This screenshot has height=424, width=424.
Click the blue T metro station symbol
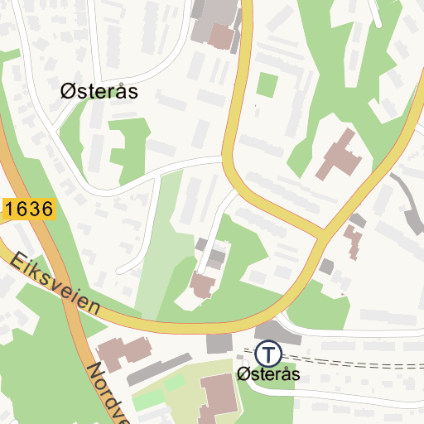(267, 354)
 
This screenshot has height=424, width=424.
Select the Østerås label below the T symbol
(267, 375)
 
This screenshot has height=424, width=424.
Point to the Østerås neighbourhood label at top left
(99, 92)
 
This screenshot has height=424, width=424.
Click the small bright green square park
(267, 84)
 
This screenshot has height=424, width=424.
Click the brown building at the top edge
(221, 36)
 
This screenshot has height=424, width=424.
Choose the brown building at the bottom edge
(218, 398)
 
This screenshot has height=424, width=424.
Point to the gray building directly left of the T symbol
(219, 342)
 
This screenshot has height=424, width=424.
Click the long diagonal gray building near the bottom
(161, 369)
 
